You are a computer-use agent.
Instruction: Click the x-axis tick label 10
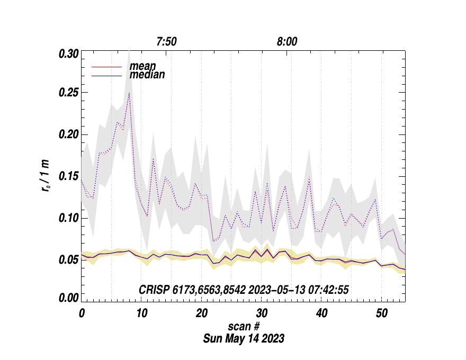coord(141,313)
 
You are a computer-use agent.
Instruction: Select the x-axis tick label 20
coord(201,313)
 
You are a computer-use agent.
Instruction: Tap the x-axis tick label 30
coord(261,313)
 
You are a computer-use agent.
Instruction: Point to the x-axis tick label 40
coord(321,313)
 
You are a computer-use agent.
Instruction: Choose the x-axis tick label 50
coord(381,313)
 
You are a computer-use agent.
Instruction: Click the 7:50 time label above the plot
coord(166,42)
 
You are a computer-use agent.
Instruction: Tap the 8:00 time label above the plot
coord(286,42)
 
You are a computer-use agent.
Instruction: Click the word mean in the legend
coord(142,66)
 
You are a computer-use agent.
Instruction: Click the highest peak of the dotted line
coord(129,93)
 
